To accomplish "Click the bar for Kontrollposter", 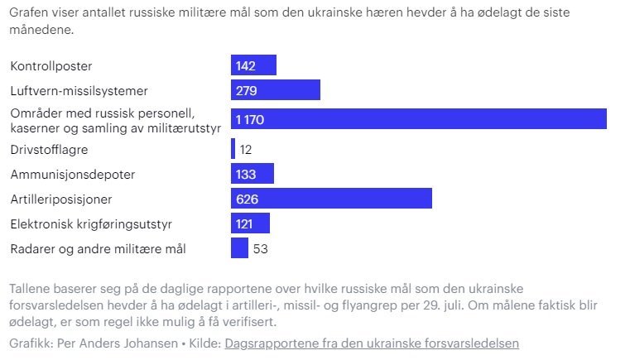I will (253, 65).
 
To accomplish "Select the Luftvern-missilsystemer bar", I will (275, 89).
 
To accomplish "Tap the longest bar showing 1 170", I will (418, 119).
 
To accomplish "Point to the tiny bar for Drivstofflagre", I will (233, 149).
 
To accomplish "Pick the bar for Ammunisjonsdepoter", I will (252, 174).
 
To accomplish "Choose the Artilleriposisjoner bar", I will (331, 199).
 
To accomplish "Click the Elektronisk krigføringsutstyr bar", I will (250, 223).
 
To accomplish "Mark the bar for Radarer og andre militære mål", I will (239, 248).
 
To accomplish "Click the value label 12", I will (246, 150).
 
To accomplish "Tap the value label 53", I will (261, 248).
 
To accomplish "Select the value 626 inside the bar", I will (248, 199).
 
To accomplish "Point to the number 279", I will (247, 89).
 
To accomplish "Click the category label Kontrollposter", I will (51, 65).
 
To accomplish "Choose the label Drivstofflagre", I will (49, 150).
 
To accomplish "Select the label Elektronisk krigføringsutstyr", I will (91, 223).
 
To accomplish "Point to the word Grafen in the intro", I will (30, 14).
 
